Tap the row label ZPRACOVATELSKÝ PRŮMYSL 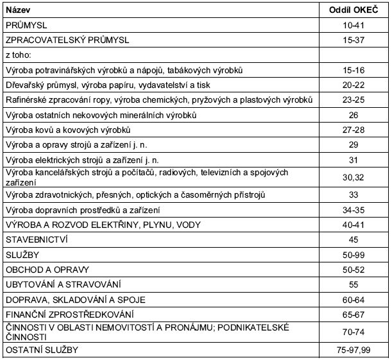point(67,40)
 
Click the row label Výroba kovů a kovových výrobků point(61,130)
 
